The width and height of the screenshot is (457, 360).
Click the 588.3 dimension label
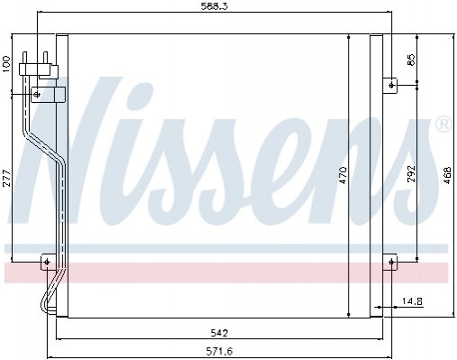[x=215, y=6]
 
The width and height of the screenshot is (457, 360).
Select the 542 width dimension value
[x=219, y=333]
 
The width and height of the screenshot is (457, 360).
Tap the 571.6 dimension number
[x=219, y=351]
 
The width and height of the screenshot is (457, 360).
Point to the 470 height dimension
[x=343, y=176]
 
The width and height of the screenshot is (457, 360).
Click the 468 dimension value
[x=447, y=175]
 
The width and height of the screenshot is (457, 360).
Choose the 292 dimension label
[x=411, y=173]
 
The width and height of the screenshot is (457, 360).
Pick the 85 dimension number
[x=411, y=60]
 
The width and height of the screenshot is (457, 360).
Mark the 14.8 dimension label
[x=412, y=300]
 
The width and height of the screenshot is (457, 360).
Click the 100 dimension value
[x=6, y=64]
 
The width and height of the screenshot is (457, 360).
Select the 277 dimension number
[x=6, y=179]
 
